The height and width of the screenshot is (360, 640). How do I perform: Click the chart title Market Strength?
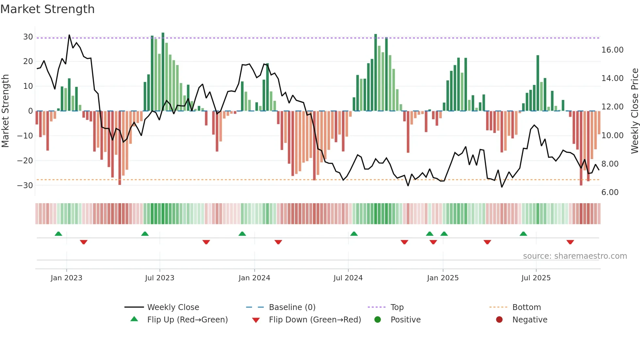(x=47, y=9)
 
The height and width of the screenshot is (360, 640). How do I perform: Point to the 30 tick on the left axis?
(x=28, y=37)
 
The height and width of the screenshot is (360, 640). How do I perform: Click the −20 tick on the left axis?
(x=25, y=160)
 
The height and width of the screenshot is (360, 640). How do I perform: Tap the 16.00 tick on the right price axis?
(x=612, y=50)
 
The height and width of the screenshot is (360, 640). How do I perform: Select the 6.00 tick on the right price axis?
(x=610, y=192)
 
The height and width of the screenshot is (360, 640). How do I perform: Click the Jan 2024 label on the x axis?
(x=254, y=278)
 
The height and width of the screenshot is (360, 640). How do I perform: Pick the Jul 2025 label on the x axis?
(x=536, y=278)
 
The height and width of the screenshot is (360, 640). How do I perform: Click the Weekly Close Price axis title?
(x=634, y=111)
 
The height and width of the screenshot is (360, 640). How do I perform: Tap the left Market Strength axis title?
(x=5, y=111)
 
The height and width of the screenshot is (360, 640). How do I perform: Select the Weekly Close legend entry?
(x=173, y=307)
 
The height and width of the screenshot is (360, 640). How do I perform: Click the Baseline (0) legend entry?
(x=292, y=307)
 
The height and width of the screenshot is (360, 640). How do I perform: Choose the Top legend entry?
(x=397, y=307)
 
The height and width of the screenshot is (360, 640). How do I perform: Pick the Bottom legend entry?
(x=526, y=307)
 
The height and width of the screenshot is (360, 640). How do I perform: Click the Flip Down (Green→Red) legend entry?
(x=314, y=320)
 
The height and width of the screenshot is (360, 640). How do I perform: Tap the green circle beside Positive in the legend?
(x=377, y=320)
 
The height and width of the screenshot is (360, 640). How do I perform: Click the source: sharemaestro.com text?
(x=575, y=256)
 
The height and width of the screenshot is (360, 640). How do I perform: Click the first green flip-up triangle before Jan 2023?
(x=58, y=234)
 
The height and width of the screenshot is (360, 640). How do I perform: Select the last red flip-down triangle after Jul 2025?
(x=570, y=242)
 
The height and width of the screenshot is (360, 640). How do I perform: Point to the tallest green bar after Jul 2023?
(x=163, y=72)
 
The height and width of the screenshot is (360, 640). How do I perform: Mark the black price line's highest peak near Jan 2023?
(x=69, y=35)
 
